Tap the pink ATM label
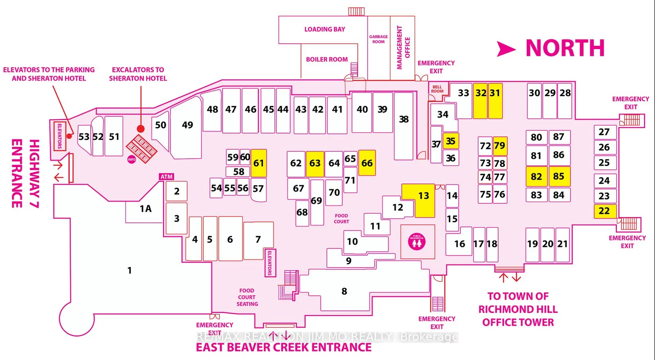[x=166, y=177]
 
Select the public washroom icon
[x=417, y=242]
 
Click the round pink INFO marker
[x=131, y=159]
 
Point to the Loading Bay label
[x=324, y=29]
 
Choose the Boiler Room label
[x=327, y=59]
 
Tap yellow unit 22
[x=604, y=211]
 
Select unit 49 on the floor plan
[x=187, y=125]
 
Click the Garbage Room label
[x=378, y=39]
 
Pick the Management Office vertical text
[x=403, y=47]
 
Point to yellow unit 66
[x=367, y=163]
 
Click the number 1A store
[x=145, y=209]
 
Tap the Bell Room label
[x=437, y=89]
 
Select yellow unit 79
[x=499, y=145]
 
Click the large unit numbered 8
[x=344, y=291]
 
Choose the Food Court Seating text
[x=247, y=297]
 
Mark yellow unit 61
[x=258, y=163]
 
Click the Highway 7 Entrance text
[x=25, y=173]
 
